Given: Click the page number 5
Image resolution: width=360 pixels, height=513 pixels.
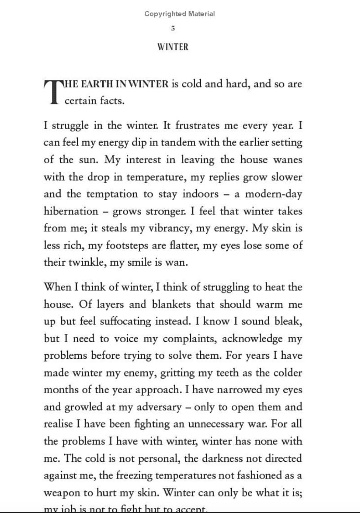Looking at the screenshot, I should (173, 29).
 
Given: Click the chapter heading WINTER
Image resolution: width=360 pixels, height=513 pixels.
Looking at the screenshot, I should (173, 47).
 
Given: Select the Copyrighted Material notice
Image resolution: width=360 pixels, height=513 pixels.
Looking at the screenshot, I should (180, 14).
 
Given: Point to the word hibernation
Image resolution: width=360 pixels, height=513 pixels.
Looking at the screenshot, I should (71, 211).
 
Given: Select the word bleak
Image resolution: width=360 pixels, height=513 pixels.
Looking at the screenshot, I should (288, 321).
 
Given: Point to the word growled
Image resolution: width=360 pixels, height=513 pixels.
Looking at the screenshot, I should (83, 407).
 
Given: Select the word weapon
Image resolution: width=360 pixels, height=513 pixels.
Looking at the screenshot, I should (64, 493).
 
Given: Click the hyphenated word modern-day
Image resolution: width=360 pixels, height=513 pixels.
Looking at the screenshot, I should (273, 194).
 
